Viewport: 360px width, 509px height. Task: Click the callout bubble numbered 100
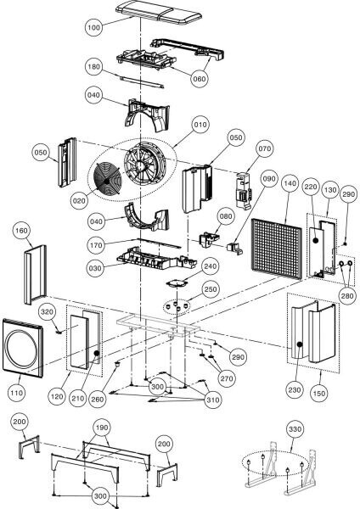tap(94, 27)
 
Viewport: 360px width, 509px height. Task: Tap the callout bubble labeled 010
tap(200, 125)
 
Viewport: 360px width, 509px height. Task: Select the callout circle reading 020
tap(79, 201)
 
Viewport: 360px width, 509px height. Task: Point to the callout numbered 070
tap(265, 148)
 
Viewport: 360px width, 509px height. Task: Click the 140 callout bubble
tap(290, 183)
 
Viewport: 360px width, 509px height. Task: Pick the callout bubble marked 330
tap(295, 429)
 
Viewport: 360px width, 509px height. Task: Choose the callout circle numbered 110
tap(17, 393)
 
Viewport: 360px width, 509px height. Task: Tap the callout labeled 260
tap(97, 400)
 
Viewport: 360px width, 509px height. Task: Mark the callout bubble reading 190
tap(102, 428)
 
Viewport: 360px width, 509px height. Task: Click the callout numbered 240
tap(211, 266)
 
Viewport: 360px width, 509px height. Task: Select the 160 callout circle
tap(21, 231)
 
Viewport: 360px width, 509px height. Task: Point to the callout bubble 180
tap(94, 67)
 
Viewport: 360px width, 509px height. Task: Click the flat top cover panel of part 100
tap(159, 13)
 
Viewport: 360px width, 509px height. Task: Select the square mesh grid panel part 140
tap(277, 249)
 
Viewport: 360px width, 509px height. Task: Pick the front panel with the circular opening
tap(23, 349)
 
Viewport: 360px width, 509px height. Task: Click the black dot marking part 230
tap(300, 344)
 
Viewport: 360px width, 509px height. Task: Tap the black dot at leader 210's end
tap(96, 353)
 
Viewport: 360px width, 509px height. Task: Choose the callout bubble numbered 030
tap(95, 268)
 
